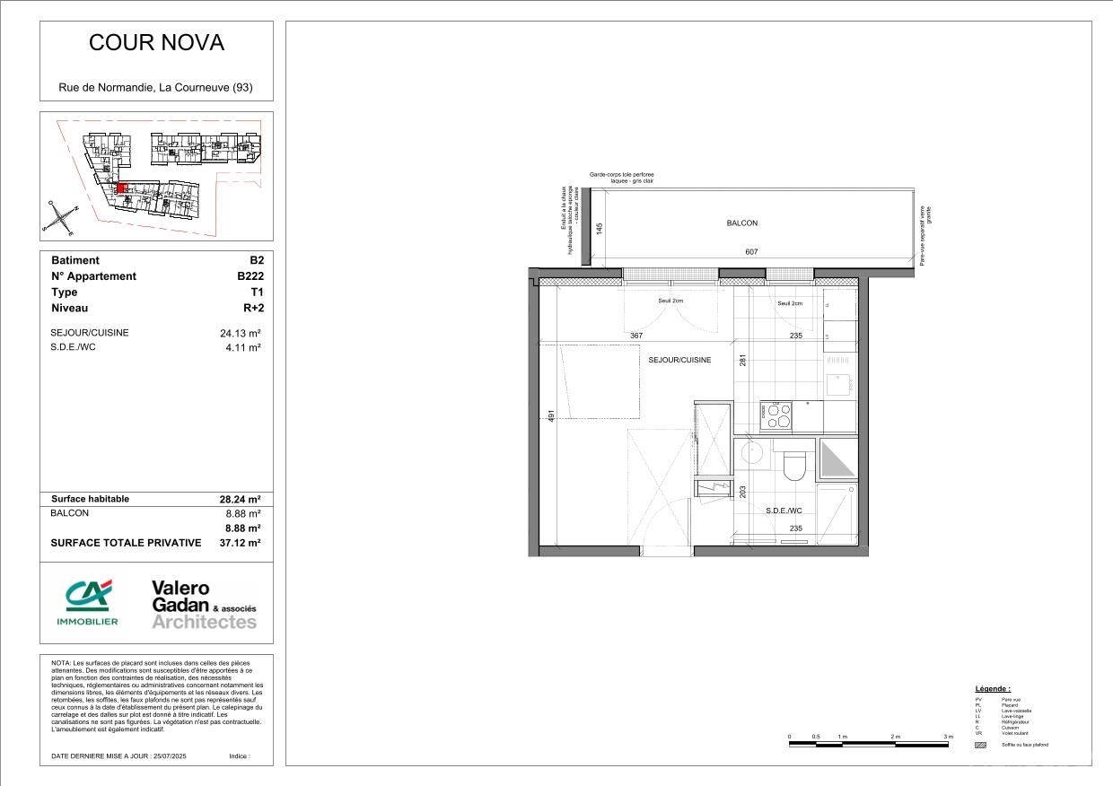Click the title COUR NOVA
click(x=156, y=43)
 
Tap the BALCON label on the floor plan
click(x=742, y=223)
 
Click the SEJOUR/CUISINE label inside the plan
click(x=679, y=360)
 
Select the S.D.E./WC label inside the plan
click(x=783, y=511)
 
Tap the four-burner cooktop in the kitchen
click(x=776, y=415)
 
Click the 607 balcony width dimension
click(x=751, y=252)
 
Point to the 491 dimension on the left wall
click(x=552, y=415)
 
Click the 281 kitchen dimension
click(x=742, y=361)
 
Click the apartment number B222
click(x=244, y=276)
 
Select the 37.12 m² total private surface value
click(x=240, y=543)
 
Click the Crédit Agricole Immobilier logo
click(x=87, y=603)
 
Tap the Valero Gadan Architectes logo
click(x=204, y=604)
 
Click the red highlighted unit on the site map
click(x=122, y=188)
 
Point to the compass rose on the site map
click(x=58, y=217)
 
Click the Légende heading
click(x=993, y=688)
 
